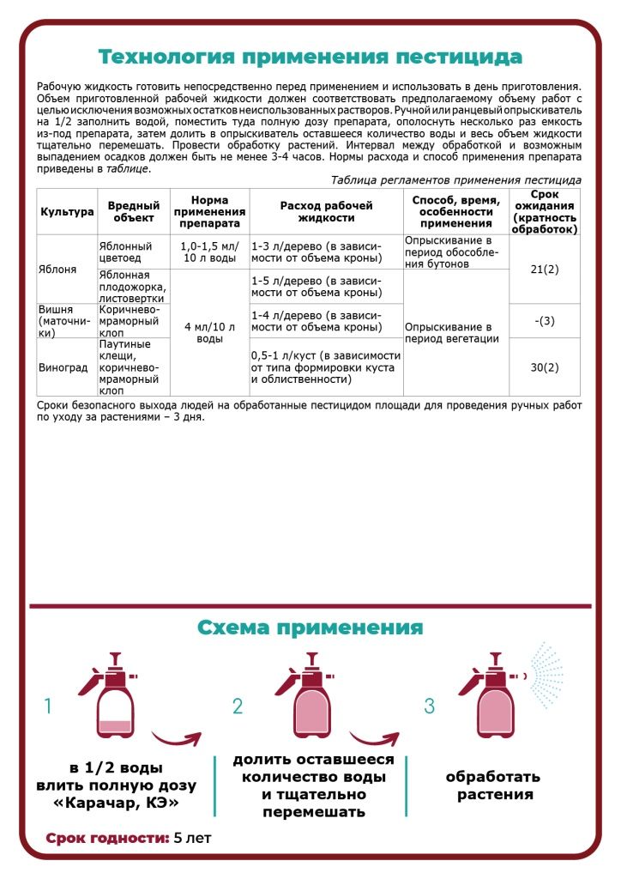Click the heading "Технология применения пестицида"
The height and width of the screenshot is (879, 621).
[310, 58]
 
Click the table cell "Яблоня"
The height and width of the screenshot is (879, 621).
[58, 269]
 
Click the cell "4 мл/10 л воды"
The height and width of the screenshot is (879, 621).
[209, 332]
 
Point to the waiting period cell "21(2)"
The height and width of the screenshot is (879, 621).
[545, 270]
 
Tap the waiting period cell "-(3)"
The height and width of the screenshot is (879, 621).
[545, 321]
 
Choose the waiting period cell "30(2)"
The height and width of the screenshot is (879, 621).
[545, 367]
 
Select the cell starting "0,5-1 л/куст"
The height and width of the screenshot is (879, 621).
[325, 367]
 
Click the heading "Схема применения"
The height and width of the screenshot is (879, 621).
[310, 627]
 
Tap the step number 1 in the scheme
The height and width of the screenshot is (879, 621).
[48, 706]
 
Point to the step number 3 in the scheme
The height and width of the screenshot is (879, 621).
[430, 706]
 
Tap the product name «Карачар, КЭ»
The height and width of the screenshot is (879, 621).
[116, 803]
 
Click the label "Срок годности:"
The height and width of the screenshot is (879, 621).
[107, 838]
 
